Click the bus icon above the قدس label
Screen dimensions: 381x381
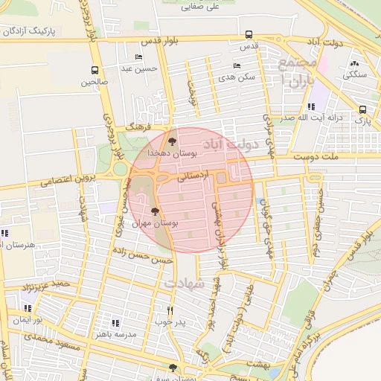(x=249, y=34)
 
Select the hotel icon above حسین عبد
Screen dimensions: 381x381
(x=138, y=57)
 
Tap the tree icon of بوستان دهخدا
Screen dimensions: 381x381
(x=173, y=140)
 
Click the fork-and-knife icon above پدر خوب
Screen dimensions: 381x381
(x=170, y=310)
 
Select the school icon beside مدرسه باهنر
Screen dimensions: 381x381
(x=115, y=322)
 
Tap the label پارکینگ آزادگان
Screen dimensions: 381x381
(x=30, y=32)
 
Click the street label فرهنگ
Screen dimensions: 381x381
(x=139, y=127)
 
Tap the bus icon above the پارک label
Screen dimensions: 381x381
(x=362, y=109)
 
